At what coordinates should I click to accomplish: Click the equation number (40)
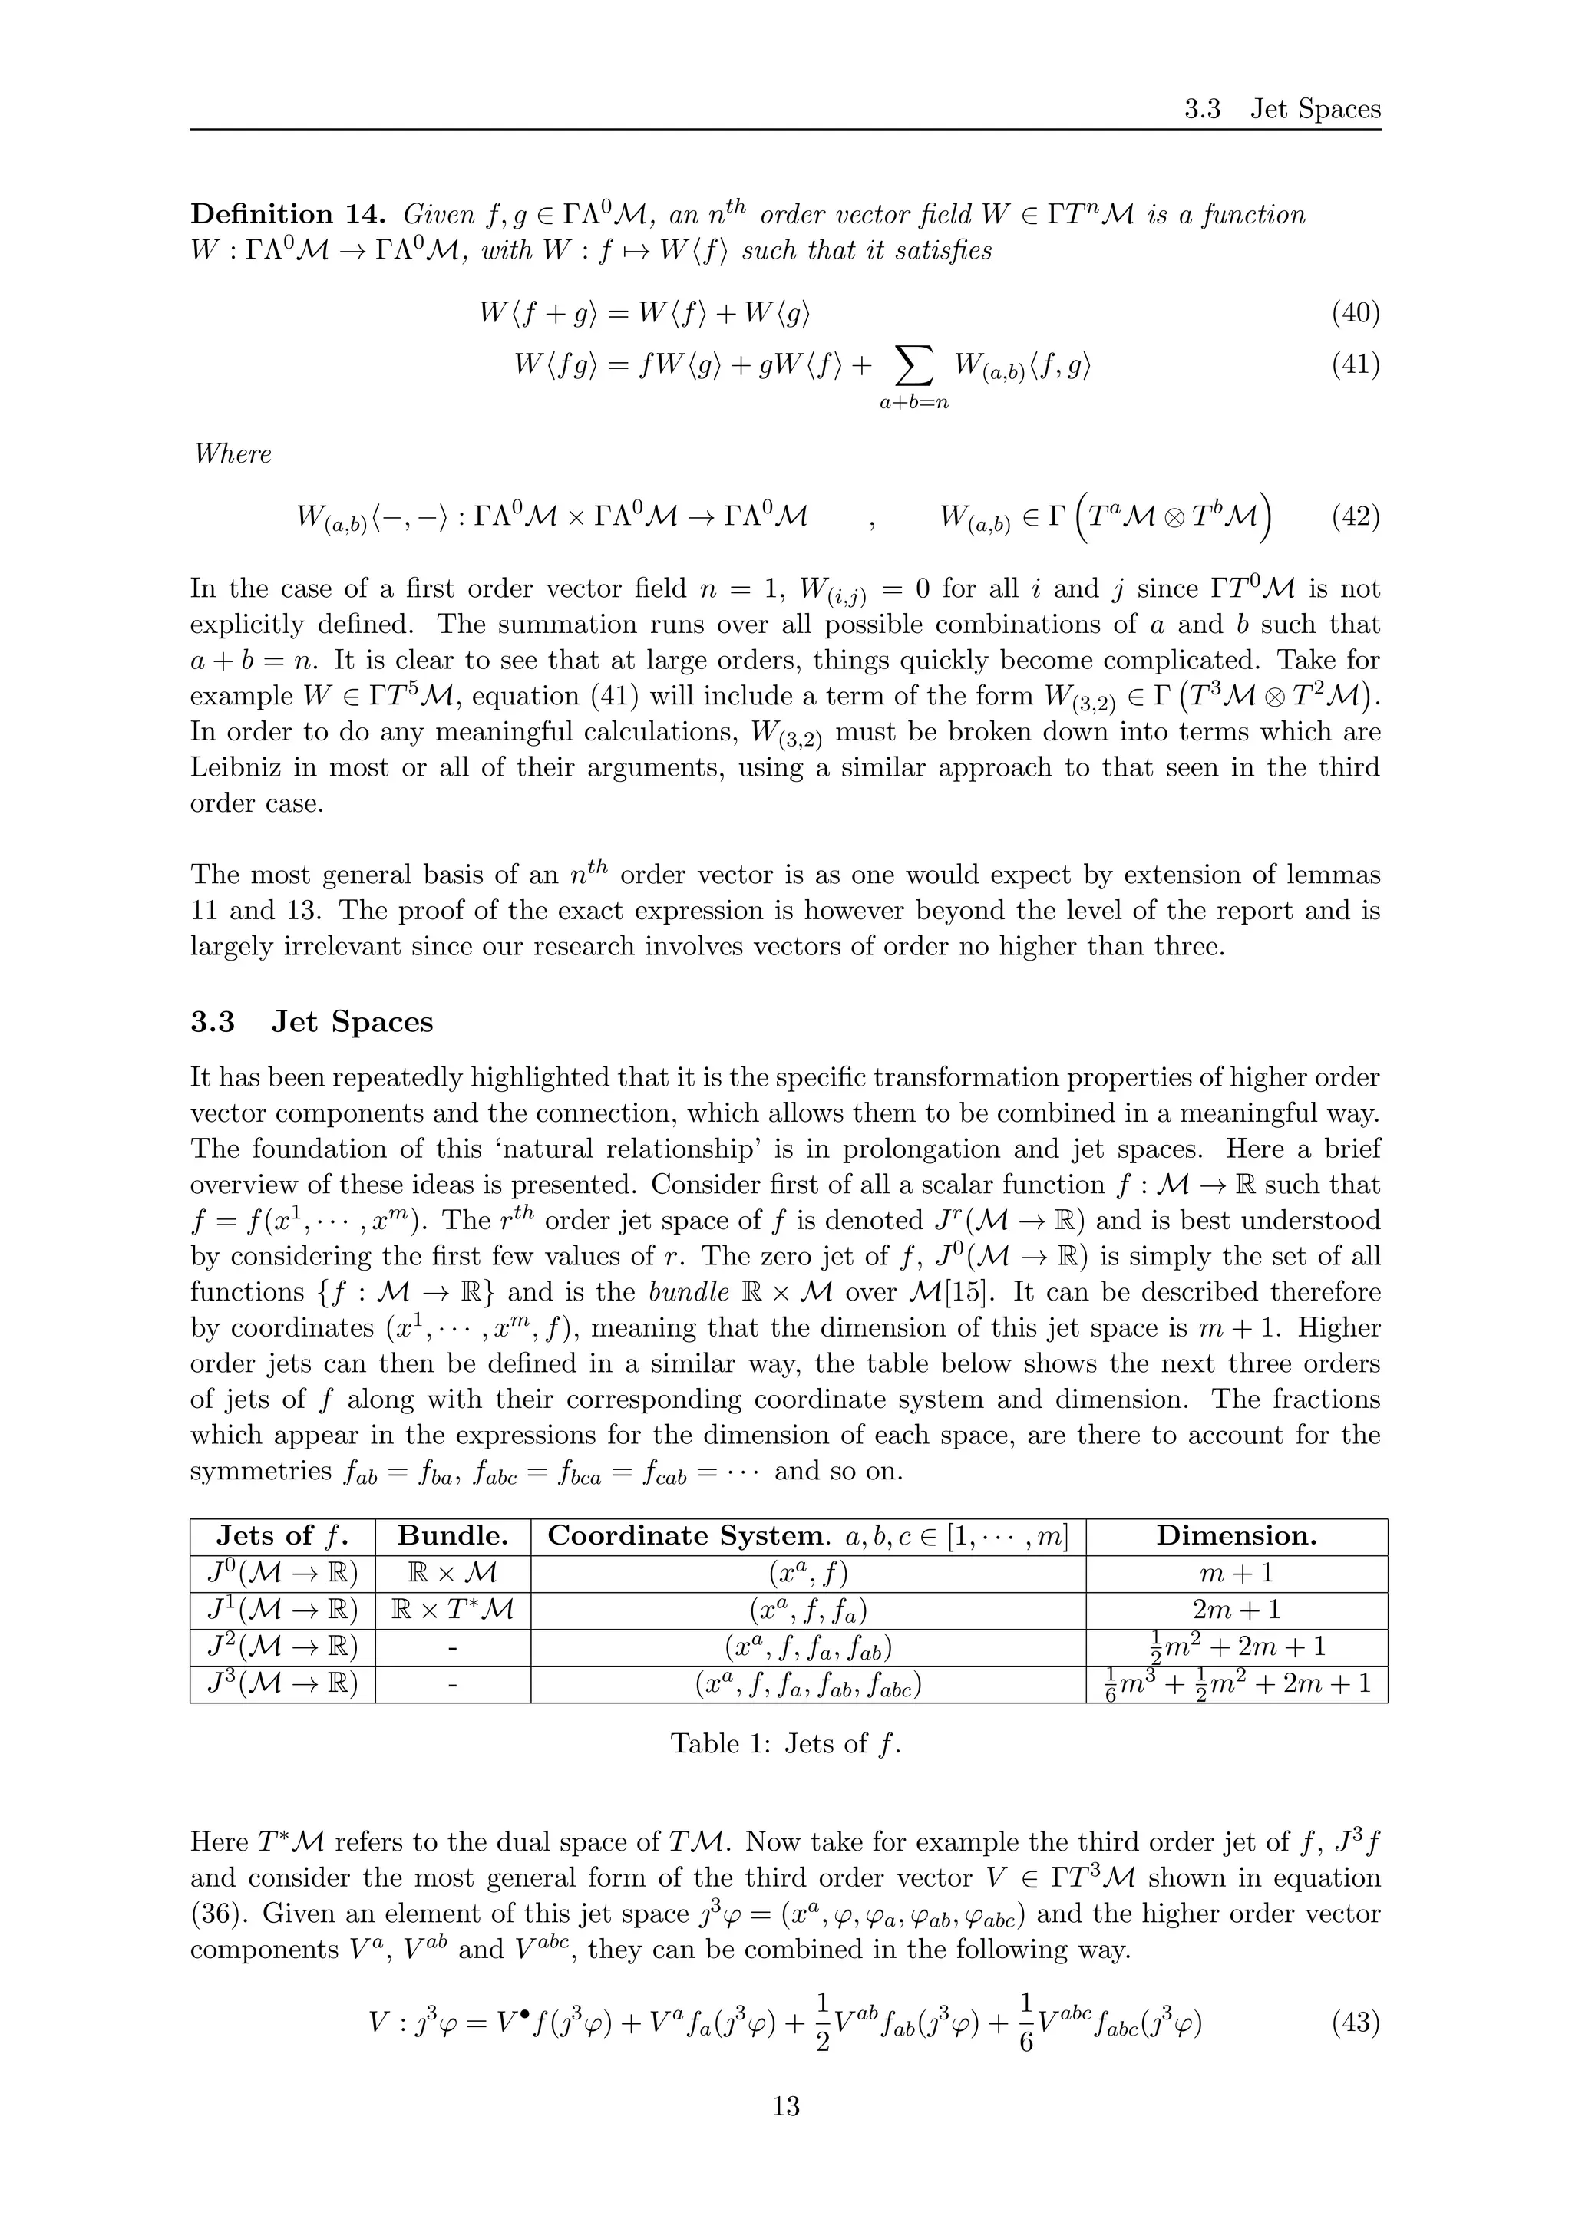pos(1356,312)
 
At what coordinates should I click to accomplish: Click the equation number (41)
pos(1356,365)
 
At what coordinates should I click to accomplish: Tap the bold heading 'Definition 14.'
pos(289,214)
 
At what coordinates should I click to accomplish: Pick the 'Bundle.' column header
pos(453,1536)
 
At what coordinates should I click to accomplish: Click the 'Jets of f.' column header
pos(282,1536)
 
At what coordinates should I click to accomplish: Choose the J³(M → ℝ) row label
pos(282,1684)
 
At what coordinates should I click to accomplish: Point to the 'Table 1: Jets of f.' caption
pos(785,1744)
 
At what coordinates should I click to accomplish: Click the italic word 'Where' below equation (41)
pos(233,454)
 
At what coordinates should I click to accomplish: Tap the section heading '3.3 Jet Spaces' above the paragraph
pos(312,1022)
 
